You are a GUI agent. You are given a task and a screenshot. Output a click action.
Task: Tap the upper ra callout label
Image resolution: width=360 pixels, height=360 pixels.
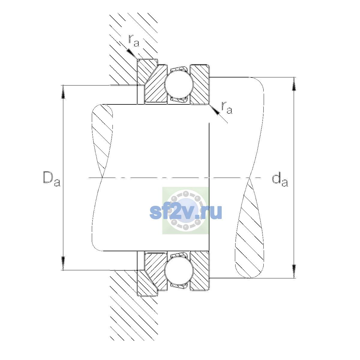click(x=134, y=40)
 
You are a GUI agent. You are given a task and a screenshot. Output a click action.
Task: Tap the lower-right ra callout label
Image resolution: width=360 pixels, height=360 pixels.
click(x=227, y=108)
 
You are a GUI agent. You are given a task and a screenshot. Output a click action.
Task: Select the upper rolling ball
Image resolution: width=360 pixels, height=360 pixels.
click(x=179, y=84)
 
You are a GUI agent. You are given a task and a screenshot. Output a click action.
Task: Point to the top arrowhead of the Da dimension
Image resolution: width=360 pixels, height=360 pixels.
click(x=63, y=92)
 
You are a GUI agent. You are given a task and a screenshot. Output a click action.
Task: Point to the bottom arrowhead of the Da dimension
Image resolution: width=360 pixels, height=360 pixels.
click(x=63, y=263)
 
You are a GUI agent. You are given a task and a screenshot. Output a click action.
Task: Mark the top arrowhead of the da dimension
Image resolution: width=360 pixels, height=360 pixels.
click(x=294, y=84)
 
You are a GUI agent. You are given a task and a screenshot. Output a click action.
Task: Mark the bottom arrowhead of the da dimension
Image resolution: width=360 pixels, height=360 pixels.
click(x=294, y=271)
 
